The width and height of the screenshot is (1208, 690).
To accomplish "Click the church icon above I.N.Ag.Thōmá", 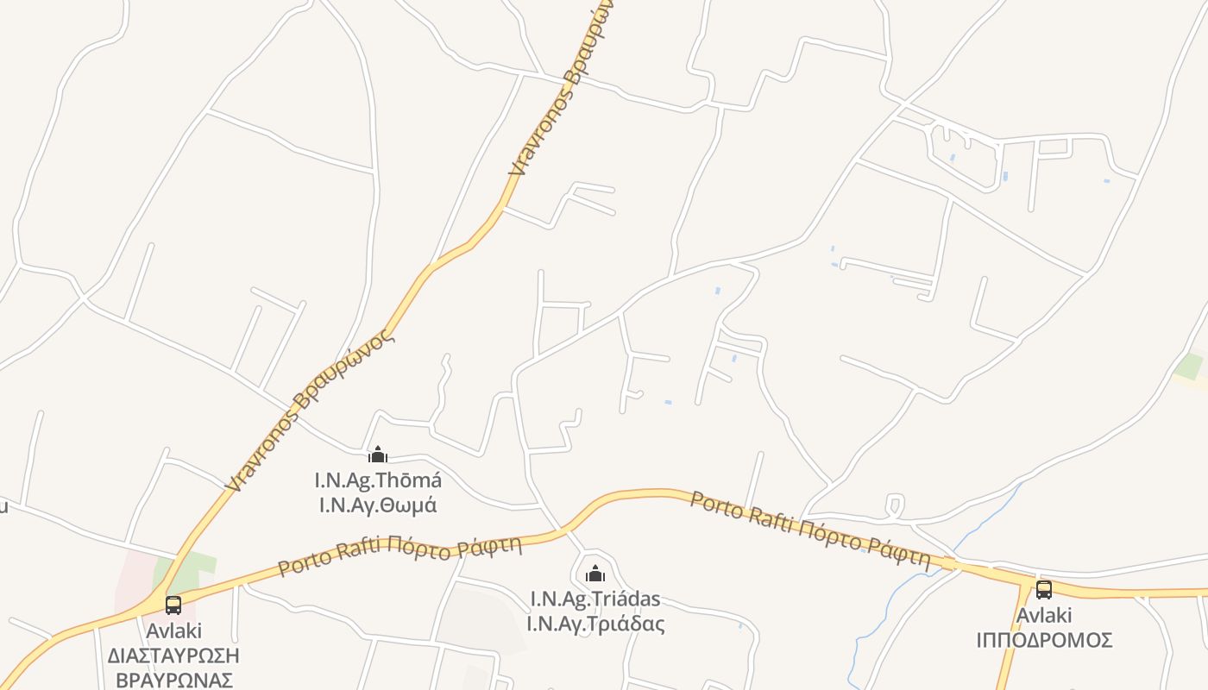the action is tap(378, 455).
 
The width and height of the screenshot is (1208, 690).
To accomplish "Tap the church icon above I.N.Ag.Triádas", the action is tap(595, 574).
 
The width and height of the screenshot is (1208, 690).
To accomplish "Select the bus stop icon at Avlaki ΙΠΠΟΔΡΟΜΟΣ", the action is tap(1044, 590).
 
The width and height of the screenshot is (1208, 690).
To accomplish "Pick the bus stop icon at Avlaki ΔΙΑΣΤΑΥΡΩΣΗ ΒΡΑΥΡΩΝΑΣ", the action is tap(173, 605).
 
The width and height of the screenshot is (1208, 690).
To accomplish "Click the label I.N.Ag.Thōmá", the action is tap(378, 480).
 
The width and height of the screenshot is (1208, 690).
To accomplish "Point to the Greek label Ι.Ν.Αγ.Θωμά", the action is tap(378, 505).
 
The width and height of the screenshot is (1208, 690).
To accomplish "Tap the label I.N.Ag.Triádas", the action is tap(595, 599).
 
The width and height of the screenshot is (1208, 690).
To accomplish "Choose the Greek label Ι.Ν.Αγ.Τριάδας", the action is tap(595, 623).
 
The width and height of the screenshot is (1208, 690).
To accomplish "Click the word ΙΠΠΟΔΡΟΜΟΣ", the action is tap(1044, 641).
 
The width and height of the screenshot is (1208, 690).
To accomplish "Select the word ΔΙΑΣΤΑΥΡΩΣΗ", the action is tap(173, 655).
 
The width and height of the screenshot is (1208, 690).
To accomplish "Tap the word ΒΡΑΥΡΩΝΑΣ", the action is tap(173, 680).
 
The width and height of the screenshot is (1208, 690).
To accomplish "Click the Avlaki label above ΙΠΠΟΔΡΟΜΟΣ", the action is tap(1044, 616).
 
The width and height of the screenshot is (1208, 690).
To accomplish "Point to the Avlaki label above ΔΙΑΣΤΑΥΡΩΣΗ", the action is tap(173, 630).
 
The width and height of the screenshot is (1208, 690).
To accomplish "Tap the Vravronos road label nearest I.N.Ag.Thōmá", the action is tap(311, 410).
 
